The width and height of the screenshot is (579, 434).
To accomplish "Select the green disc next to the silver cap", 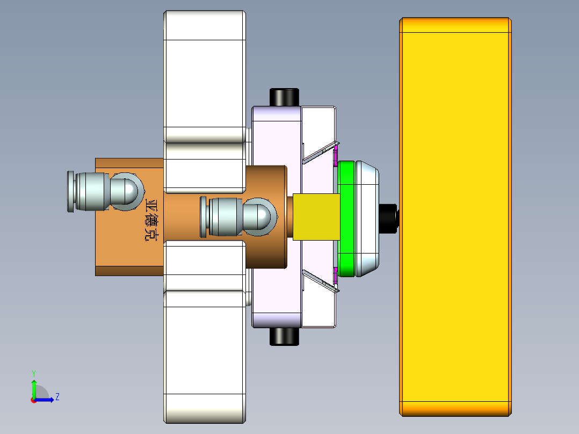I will coord(347,218).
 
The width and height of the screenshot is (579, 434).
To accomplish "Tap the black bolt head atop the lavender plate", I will coord(284,97).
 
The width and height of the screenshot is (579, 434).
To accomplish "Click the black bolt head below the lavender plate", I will coord(284,337).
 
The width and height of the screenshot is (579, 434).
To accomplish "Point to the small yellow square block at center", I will coord(317,217).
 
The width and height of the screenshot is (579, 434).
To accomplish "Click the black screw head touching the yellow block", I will coord(389,218).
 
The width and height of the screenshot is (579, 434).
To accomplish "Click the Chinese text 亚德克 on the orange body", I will coord(153,220).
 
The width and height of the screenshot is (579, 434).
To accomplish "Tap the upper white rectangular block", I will coord(204,75).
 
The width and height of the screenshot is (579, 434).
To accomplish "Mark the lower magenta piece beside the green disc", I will coord(336,277).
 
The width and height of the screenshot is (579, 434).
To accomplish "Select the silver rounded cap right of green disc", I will coord(368,218).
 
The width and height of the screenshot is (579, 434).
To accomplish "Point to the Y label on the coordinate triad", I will coord(33,373).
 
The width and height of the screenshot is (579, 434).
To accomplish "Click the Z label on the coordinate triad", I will coord(57,397).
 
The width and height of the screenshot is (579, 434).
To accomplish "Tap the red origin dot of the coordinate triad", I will coord(33,400).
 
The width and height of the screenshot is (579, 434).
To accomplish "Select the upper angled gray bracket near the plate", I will coord(320,153).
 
